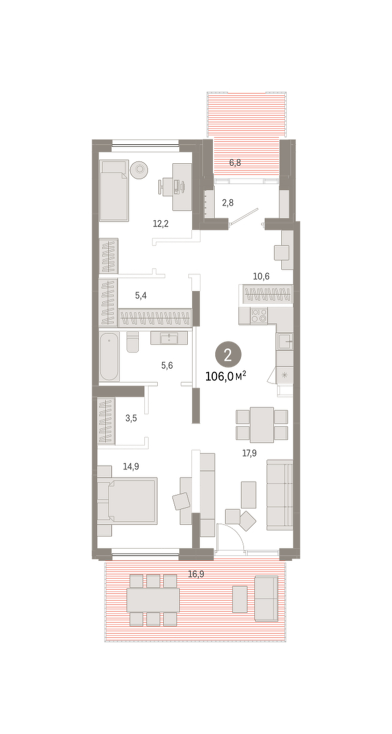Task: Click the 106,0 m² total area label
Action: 226,376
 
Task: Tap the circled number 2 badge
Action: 228,355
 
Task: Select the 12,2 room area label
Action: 160,224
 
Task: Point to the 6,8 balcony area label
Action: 235,162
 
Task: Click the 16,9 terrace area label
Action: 196,574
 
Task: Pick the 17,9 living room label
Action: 250,453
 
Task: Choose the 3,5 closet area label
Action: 131,418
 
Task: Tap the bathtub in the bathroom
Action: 109,356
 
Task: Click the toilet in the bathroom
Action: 133,342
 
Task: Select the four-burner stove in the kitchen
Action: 259,316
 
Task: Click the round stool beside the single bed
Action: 139,169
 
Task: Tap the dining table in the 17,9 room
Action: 262,424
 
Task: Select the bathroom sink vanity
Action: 169,338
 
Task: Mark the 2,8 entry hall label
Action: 227,203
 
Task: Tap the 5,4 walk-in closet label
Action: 141,295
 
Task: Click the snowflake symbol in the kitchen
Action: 284,375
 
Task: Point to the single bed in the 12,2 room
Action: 114,190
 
